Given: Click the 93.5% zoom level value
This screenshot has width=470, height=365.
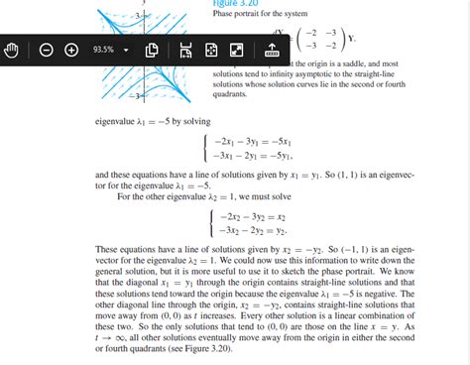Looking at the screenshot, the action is coord(103,49).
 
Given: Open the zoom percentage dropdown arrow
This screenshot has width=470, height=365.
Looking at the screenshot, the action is coord(127,49).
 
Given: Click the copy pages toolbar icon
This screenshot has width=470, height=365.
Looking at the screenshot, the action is coord(153,49).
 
